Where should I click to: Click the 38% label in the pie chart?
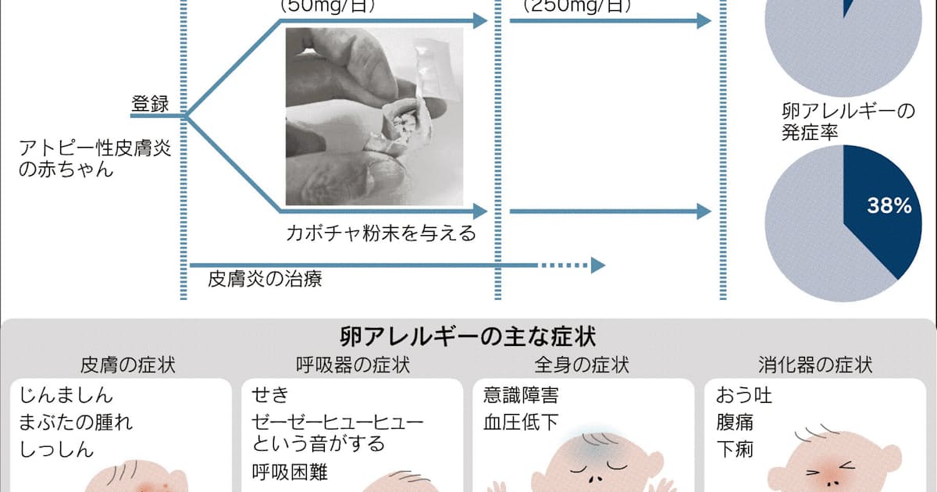(889, 206)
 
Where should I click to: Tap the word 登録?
(150, 104)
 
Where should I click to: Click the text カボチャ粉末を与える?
(381, 233)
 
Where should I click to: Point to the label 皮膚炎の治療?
(265, 279)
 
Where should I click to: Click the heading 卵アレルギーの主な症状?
(468, 337)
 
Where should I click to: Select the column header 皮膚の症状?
(127, 364)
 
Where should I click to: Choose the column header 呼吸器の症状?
(353, 364)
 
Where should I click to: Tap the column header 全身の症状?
(583, 364)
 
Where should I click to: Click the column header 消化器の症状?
(815, 364)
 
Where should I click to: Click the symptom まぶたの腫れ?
(76, 422)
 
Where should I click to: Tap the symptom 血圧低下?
(521, 422)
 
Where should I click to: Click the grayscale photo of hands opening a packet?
(375, 117)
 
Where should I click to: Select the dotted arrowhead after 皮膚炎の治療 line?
(598, 266)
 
